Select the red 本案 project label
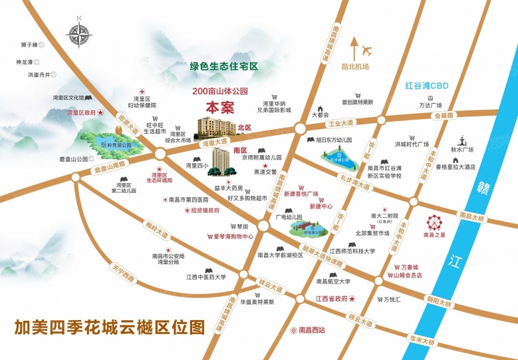click(219, 106)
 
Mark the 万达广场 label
click(430, 105)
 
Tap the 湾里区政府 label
click(82, 114)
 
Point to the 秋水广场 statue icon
click(461, 141)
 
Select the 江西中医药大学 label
click(205, 277)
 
